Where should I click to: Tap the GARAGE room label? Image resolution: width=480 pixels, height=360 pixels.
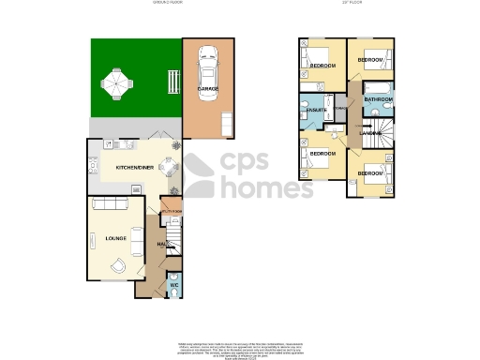pos(207,89)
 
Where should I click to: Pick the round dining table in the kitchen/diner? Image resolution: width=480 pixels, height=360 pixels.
pos(166,169)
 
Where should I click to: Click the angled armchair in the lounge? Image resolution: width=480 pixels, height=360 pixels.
pos(117,265)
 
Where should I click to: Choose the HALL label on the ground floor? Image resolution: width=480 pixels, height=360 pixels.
pos(162,245)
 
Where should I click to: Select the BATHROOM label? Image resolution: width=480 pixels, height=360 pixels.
pos(378,99)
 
